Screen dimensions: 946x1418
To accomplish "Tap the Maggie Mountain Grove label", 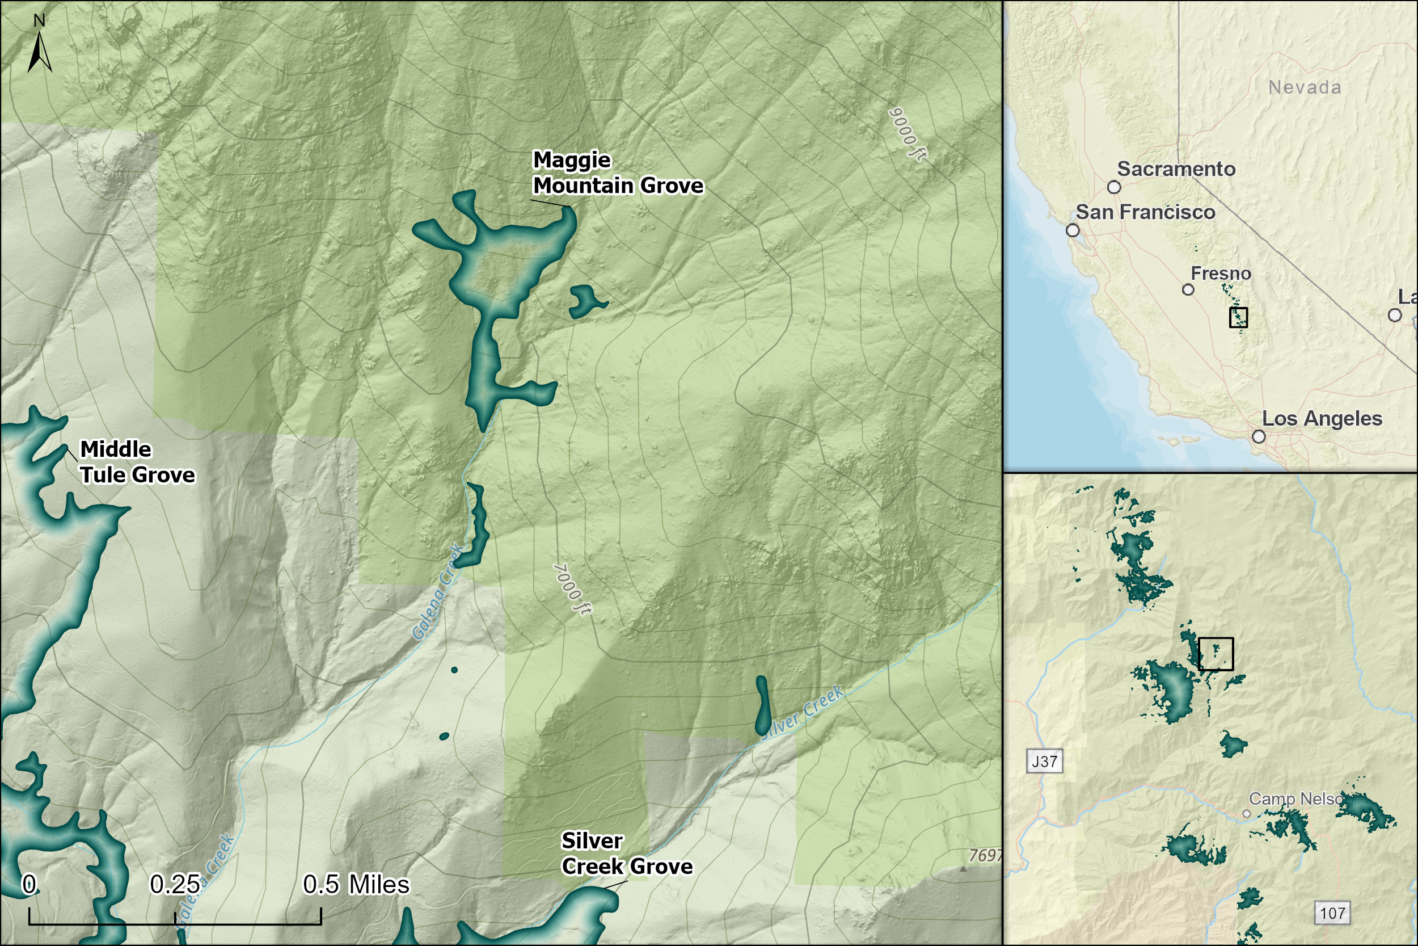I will [617, 173].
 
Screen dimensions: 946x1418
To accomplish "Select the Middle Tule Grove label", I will [137, 462].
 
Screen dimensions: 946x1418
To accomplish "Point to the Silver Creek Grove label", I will [626, 853].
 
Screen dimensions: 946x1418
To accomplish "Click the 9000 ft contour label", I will [908, 134].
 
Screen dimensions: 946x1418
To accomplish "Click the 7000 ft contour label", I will [572, 590].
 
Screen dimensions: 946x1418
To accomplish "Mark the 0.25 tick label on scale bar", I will [175, 885].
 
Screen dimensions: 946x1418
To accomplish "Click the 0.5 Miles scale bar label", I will [356, 885].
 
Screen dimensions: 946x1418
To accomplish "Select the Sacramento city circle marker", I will [1114, 187].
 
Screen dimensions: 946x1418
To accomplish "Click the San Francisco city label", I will [1145, 212].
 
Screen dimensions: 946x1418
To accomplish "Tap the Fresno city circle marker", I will [1188, 289].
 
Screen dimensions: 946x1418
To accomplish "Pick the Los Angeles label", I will [1322, 419].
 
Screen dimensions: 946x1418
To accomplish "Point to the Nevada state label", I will [1305, 87].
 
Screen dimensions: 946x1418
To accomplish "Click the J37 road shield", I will [1044, 762].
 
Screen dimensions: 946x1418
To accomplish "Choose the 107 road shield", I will [1332, 914].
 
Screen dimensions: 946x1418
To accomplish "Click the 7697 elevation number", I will [985, 856].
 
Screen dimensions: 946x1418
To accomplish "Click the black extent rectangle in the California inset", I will [1238, 317].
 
